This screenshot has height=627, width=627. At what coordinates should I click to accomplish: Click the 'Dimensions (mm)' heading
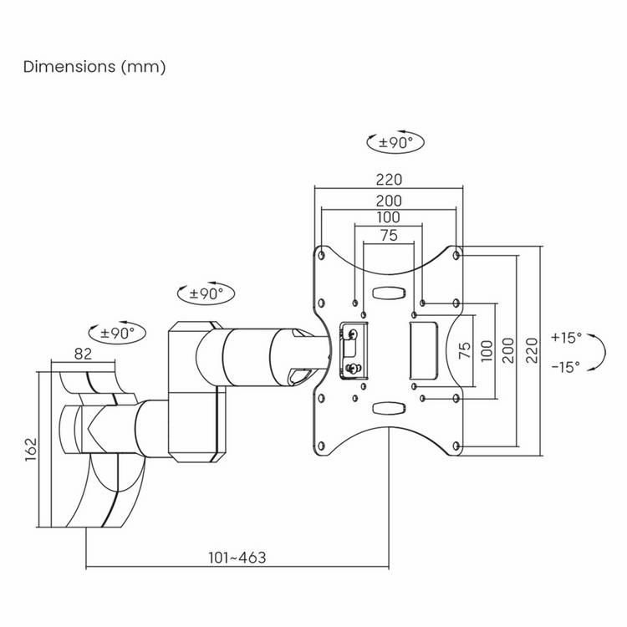tap(94, 67)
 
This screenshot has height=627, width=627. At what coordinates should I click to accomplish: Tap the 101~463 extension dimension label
tap(237, 558)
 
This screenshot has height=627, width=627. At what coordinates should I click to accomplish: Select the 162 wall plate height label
tap(31, 450)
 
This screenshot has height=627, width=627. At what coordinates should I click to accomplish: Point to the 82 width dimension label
tap(83, 354)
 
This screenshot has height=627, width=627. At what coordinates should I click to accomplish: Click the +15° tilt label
tap(566, 338)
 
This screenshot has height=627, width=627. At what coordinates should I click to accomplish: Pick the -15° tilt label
tap(565, 367)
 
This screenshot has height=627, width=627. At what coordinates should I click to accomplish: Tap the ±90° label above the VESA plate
tap(395, 142)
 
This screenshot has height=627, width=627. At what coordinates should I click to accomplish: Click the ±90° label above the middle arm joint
tap(206, 294)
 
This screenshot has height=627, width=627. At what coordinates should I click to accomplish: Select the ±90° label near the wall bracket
tap(117, 333)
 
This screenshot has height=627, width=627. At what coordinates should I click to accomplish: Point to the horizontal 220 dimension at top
tap(389, 180)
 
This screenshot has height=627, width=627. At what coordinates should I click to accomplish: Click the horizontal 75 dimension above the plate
tap(389, 235)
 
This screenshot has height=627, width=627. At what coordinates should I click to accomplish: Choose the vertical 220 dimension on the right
tap(532, 350)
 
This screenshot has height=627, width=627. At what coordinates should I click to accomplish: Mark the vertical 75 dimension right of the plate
tap(465, 350)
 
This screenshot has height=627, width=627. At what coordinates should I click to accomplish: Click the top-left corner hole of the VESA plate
tap(321, 255)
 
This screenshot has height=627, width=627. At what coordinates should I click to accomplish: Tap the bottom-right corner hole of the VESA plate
tap(456, 446)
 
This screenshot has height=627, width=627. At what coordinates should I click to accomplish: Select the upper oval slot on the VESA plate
tap(389, 293)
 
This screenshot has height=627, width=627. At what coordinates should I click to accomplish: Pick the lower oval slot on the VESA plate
tap(389, 408)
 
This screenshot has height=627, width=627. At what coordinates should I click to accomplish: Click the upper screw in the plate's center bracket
tap(353, 334)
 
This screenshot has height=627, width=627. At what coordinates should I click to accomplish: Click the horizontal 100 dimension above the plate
tap(388, 217)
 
